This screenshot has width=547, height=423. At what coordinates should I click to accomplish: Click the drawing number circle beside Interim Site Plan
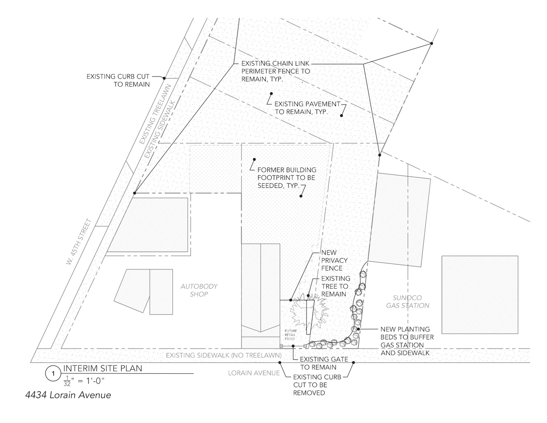53,374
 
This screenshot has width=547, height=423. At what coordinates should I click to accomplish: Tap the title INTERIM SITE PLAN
103,368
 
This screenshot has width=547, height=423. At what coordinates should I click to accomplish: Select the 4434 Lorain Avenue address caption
68,395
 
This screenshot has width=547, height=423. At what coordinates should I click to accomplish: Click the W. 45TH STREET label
78,242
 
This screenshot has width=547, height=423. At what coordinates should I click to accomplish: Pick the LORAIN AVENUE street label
254,373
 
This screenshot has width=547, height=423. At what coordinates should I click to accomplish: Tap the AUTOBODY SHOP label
199,290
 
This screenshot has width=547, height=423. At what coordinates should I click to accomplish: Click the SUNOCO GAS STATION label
408,302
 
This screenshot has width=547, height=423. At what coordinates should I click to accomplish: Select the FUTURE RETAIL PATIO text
291,335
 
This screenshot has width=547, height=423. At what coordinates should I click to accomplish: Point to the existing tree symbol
309,312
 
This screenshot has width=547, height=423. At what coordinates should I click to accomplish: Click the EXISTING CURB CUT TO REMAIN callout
118,80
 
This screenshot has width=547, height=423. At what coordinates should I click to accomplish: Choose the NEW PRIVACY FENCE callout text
334,260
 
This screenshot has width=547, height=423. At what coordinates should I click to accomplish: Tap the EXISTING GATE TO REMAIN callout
324,363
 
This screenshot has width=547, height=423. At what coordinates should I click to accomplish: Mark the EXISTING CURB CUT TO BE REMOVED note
317,385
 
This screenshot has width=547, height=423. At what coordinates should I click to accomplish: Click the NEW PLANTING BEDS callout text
407,341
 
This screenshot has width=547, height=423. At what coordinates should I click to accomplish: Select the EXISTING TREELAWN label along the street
155,114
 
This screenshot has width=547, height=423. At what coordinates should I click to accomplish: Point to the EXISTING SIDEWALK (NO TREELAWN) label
224,355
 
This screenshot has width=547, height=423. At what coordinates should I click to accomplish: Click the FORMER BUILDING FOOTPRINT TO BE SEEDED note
287,178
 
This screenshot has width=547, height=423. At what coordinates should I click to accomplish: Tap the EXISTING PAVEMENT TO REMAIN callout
307,108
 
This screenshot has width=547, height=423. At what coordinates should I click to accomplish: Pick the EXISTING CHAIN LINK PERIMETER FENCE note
276,71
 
